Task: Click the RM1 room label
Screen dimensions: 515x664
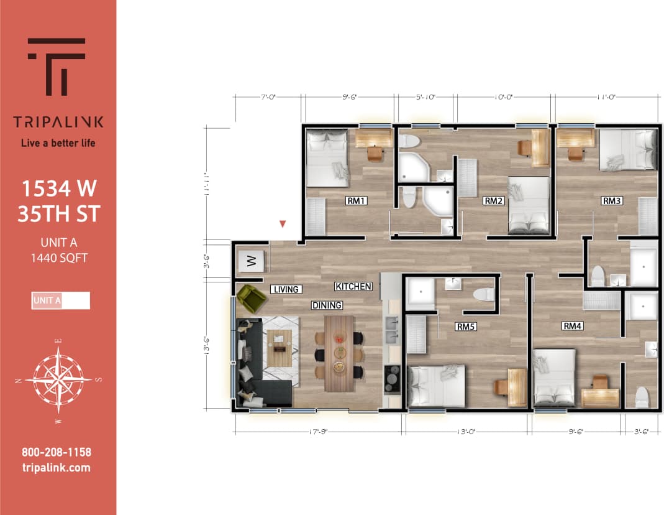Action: pyautogui.click(x=358, y=201)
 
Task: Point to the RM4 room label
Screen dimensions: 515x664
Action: pyautogui.click(x=572, y=326)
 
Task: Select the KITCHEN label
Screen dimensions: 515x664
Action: pyautogui.click(x=353, y=287)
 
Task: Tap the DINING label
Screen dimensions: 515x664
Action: pyautogui.click(x=327, y=305)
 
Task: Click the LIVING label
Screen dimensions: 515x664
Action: pyautogui.click(x=286, y=289)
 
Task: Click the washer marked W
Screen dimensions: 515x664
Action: pyautogui.click(x=252, y=262)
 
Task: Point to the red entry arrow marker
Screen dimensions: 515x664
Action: pyautogui.click(x=283, y=223)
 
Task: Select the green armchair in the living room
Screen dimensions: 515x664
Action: pyautogui.click(x=251, y=299)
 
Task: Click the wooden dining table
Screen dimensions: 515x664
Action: pyautogui.click(x=339, y=353)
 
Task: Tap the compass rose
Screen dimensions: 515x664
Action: pyautogui.click(x=58, y=379)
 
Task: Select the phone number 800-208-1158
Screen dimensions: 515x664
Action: pyautogui.click(x=56, y=453)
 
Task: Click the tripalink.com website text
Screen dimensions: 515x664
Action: pyautogui.click(x=56, y=468)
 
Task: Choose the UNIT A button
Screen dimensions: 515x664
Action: pyautogui.click(x=60, y=300)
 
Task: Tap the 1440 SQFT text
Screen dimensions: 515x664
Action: pyautogui.click(x=57, y=257)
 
